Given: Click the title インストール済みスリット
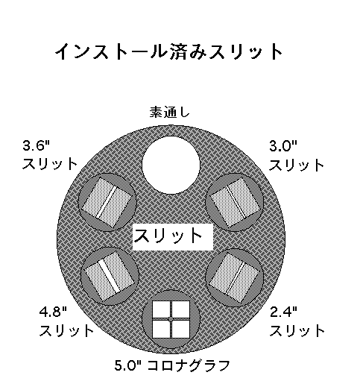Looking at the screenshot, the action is tap(168, 51).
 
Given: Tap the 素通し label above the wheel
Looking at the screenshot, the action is tap(170, 112).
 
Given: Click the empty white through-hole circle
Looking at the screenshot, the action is tap(171, 165).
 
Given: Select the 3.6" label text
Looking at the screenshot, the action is tap(37, 145).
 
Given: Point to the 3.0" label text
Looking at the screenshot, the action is tap(283, 145).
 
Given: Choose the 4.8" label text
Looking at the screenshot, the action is tap(53, 312).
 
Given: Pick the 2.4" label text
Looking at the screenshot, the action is tap(283, 312).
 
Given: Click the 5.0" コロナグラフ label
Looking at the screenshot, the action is tap(172, 365).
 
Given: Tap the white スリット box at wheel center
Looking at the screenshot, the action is tap(173, 236).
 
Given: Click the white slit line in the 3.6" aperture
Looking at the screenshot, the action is tap(107, 203).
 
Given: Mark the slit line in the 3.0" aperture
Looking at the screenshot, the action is tap(236, 202).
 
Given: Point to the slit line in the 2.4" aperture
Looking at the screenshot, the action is tap(235, 278).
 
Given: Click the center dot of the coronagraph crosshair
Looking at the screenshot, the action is tap(171, 319).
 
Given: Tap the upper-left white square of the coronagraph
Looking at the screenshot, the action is tap(161, 309).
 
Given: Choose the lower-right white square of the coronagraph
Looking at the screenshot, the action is tap(180, 329).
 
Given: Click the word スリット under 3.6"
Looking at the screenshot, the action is tap(49, 164).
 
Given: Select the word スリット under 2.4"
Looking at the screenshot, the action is tap(297, 330).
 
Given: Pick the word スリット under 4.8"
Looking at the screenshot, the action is tap(66, 330).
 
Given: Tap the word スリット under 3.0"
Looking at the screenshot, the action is tap(297, 165).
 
